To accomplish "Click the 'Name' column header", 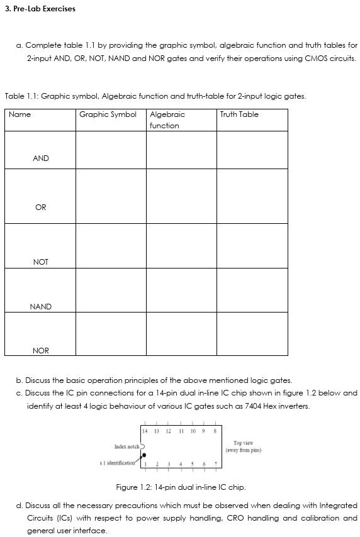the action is coord(20,114).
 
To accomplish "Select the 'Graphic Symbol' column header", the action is coord(108,114).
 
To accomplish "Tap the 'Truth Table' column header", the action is coord(239,114).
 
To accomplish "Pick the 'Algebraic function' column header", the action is coord(167,119).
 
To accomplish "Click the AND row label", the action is coord(41,158).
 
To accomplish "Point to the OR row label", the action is coord(41,207).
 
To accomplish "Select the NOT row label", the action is coord(41,262).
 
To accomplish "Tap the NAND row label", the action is coord(41,306).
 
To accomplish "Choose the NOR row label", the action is coord(41,350).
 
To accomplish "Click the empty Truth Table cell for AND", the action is coord(252,151).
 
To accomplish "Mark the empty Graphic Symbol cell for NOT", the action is coord(111,246).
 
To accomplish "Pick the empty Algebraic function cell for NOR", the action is coord(181,335).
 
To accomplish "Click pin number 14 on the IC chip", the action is coord(145,432).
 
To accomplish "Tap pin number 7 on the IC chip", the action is coord(216,465).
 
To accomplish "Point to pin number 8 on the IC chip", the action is coord(216,432).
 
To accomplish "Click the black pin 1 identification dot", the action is coord(145,455).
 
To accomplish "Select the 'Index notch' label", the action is coord(127,446).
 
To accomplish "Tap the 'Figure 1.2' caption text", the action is coord(181,487).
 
